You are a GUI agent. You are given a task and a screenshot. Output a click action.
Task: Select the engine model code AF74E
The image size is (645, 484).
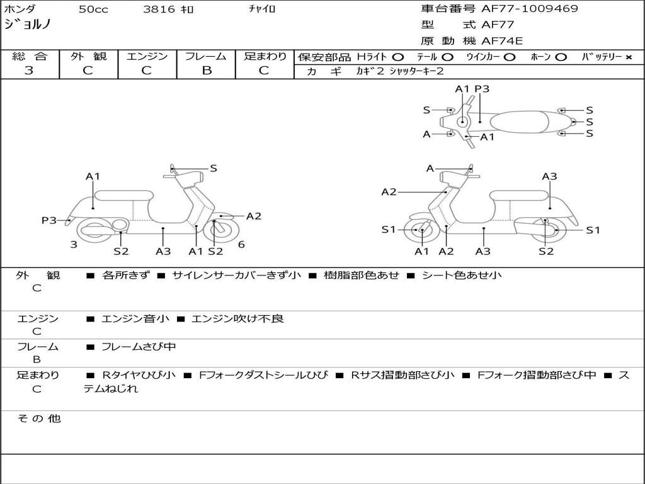click(x=502, y=41)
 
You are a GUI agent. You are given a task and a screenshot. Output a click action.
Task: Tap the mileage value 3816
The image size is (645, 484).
click(x=159, y=9)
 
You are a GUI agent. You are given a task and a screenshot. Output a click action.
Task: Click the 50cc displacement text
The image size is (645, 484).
click(x=92, y=9)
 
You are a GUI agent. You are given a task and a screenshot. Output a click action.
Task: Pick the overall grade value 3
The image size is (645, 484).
click(x=29, y=71)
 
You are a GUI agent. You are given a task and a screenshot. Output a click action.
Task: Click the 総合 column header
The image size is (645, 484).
click(x=30, y=57)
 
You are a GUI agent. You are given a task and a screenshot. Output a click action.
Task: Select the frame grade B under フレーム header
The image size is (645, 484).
click(x=206, y=71)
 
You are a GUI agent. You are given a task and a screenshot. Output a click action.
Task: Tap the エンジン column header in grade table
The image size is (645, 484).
click(x=147, y=57)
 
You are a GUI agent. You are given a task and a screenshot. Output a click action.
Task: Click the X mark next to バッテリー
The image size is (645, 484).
click(x=629, y=57)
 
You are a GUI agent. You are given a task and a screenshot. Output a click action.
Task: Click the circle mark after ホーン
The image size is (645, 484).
click(x=561, y=57)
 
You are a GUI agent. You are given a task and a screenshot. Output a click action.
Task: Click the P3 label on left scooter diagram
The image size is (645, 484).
click(x=49, y=220)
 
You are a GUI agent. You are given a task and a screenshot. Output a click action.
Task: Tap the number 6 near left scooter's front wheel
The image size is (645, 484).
click(x=241, y=245)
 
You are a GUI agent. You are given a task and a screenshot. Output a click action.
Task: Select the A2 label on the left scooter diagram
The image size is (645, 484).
click(x=253, y=216)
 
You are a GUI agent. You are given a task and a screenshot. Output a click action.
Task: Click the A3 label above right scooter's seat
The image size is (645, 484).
click(x=549, y=176)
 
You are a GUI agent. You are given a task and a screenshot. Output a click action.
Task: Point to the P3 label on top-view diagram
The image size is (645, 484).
click(x=482, y=89)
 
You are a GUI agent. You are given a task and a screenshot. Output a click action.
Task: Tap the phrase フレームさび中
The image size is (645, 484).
click(x=139, y=347)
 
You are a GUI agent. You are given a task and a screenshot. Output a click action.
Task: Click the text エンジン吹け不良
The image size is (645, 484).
click(x=237, y=319)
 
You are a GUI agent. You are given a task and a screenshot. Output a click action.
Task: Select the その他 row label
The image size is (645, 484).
click(x=38, y=418)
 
